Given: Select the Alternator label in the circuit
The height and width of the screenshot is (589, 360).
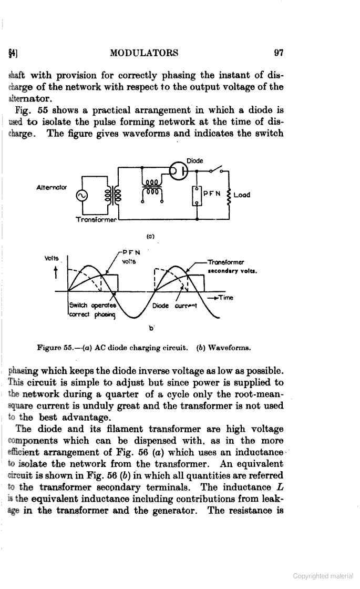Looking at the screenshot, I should pos(49,187).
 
